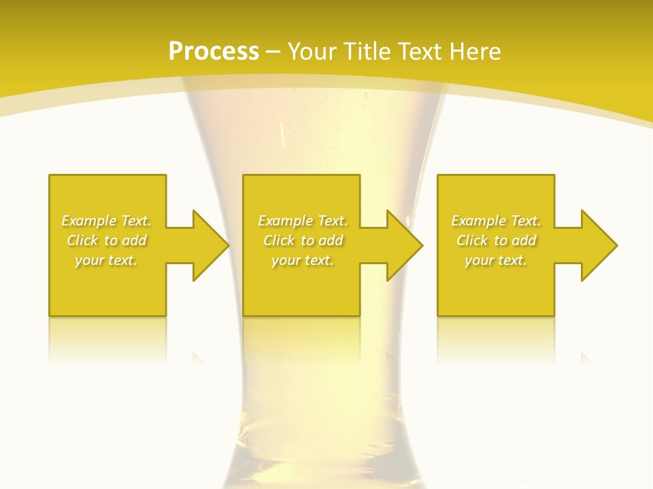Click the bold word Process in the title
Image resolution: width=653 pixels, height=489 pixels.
coord(214,52)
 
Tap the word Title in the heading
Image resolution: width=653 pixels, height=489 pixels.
coord(368,52)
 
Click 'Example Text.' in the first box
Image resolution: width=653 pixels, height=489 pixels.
coord(106,221)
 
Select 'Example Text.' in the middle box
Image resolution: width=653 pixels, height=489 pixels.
coord(303,221)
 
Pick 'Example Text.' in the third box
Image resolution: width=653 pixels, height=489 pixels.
coord(496,221)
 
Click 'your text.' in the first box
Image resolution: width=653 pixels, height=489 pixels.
coord(106,260)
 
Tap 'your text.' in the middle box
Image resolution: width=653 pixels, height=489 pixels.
coord(303,260)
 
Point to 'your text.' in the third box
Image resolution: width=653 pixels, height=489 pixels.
coord(496,260)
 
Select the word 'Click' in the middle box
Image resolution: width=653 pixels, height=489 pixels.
coord(279,240)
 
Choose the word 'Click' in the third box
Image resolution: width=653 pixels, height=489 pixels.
coord(472,240)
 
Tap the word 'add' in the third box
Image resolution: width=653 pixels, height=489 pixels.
coord(524,240)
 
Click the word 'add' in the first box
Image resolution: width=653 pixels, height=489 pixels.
coord(135,240)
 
